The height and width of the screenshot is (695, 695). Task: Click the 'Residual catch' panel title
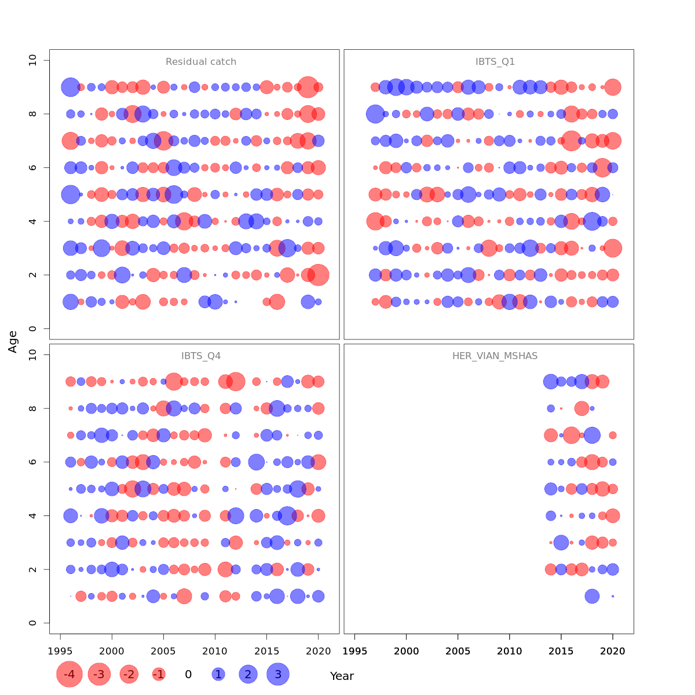[201, 62]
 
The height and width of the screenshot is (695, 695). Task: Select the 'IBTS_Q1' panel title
[495, 62]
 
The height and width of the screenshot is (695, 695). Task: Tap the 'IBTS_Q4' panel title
[201, 356]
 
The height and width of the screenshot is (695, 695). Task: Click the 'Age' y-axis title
[13, 342]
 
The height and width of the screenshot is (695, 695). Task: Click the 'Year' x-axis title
[342, 676]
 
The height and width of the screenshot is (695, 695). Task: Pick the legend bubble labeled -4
[69, 674]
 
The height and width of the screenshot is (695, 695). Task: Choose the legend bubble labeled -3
[100, 674]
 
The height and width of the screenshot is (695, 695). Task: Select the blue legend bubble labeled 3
[278, 674]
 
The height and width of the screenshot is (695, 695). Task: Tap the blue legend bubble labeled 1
[218, 674]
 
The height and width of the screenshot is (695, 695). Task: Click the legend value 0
[188, 674]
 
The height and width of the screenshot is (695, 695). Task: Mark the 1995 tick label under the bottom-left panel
[60, 651]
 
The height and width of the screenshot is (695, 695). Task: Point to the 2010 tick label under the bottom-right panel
[509, 651]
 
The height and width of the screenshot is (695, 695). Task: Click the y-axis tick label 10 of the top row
[32, 60]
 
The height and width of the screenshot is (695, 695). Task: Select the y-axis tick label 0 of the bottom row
[32, 623]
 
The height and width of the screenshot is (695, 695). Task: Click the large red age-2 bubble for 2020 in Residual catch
[318, 275]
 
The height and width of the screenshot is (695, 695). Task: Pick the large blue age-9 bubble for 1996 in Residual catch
[71, 87]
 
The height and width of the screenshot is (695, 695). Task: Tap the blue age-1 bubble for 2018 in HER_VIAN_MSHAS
[592, 596]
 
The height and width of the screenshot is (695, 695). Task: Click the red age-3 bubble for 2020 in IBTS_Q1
[613, 248]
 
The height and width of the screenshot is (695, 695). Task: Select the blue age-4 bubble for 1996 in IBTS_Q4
[71, 515]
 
